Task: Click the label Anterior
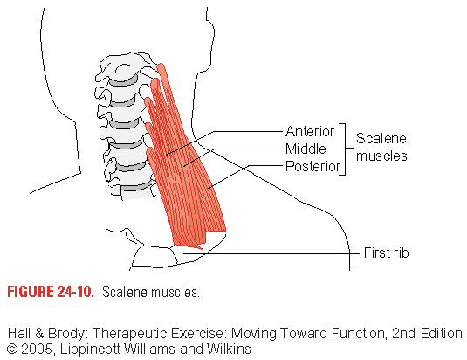click(310, 131)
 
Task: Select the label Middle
click(306, 149)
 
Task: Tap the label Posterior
click(312, 166)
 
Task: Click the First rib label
click(387, 253)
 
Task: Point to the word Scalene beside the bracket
click(381, 138)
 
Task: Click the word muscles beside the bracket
click(381, 156)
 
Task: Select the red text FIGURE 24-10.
click(51, 292)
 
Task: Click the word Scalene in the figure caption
click(125, 292)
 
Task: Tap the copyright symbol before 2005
click(11, 349)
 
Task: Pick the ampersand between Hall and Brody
click(39, 333)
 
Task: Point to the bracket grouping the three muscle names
click(346, 149)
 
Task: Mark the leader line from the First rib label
click(271, 253)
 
